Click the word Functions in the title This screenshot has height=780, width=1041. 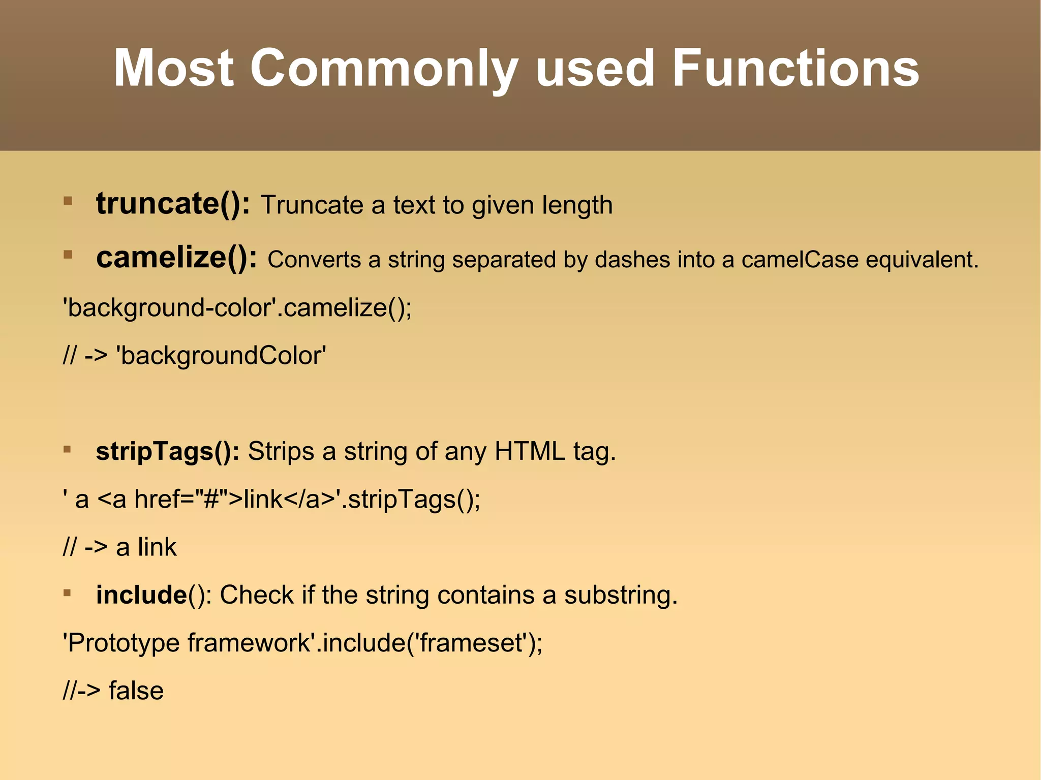(795, 69)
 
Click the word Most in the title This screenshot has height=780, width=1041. (173, 69)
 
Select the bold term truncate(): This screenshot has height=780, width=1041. (173, 204)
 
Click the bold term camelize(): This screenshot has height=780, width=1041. (176, 258)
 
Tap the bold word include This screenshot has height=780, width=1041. (141, 595)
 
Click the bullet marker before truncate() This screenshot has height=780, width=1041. (68, 201)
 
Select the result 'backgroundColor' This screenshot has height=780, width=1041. (221, 356)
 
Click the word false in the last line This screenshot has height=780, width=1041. (136, 691)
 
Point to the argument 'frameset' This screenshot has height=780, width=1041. (471, 643)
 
